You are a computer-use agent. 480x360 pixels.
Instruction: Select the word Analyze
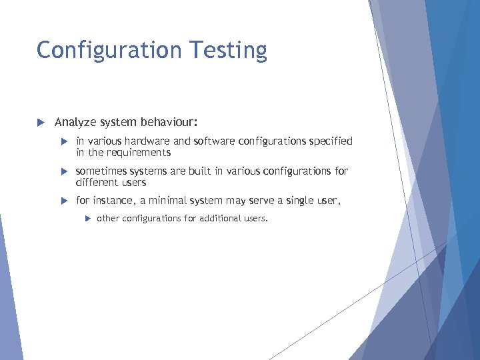(x=75, y=122)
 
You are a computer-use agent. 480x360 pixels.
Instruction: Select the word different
(x=98, y=183)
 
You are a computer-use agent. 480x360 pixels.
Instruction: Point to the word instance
(x=113, y=201)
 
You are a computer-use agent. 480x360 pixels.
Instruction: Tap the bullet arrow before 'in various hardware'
(x=64, y=142)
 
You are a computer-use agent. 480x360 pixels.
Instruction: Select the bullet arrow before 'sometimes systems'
(x=64, y=172)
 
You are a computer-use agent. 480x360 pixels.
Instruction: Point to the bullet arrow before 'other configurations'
(x=87, y=219)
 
